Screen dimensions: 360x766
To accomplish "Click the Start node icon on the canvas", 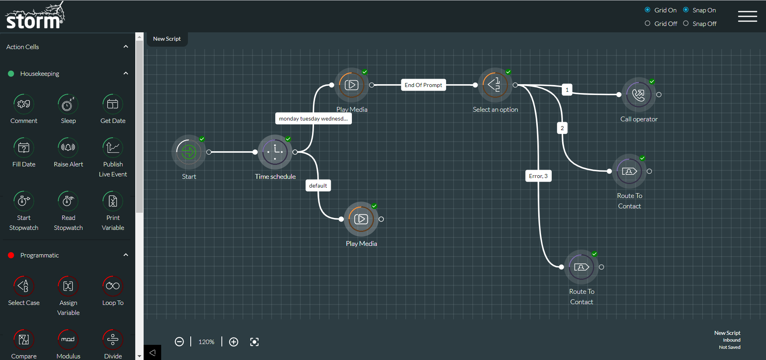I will click(189, 152).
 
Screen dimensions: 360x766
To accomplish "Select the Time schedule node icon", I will click(275, 152).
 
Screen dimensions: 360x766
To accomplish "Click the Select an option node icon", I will click(495, 85).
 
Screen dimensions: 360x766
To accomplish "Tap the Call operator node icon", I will click(638, 95).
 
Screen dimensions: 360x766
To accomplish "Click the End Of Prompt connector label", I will click(423, 85).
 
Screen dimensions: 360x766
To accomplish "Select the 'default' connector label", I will click(318, 186).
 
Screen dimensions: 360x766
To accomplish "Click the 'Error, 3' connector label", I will click(538, 176).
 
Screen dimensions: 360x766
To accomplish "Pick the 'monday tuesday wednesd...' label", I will click(313, 119).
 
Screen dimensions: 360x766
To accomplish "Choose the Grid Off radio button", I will click(648, 24).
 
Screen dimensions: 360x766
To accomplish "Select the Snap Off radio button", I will click(686, 24).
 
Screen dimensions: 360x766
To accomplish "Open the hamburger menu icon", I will click(747, 16).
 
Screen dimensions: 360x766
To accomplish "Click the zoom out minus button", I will click(180, 342).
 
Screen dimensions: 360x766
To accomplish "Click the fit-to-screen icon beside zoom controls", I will click(254, 342).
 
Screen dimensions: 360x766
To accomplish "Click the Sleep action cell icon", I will click(68, 105).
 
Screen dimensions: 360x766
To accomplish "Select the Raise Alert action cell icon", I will click(68, 148).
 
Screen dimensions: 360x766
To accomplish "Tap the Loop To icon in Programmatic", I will click(113, 286).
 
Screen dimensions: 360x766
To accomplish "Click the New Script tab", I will click(167, 39).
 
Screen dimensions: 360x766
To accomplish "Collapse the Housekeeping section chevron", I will click(126, 73).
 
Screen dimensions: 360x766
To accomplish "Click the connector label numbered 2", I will click(562, 128).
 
